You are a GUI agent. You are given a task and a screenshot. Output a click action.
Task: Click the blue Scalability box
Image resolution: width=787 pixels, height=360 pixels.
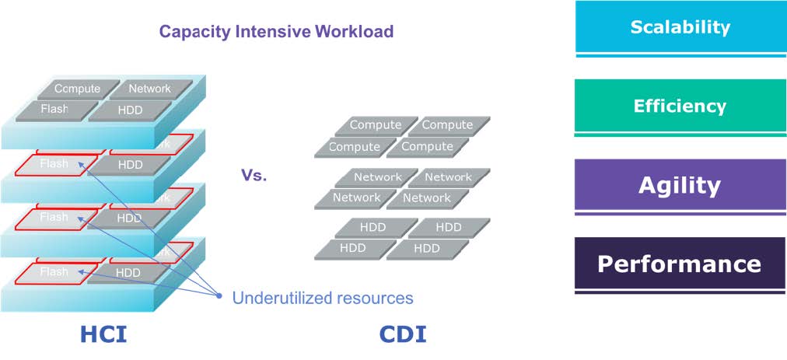[x=680, y=27]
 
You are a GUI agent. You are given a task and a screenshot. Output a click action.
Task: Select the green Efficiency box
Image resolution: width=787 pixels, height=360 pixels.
[x=680, y=106]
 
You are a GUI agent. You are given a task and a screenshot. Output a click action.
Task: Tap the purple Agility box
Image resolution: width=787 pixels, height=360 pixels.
[x=680, y=185]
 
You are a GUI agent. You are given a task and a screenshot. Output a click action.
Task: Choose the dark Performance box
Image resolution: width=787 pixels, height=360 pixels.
[x=680, y=264]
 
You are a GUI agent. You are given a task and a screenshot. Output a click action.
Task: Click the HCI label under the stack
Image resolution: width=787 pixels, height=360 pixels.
[x=103, y=334]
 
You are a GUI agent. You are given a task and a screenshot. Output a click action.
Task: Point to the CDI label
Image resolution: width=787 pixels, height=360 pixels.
[x=402, y=334]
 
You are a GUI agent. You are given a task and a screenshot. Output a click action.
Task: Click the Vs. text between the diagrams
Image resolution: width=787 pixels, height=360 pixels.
[x=254, y=176]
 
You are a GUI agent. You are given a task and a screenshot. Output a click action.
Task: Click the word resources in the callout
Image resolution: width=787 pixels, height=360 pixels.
[x=375, y=298]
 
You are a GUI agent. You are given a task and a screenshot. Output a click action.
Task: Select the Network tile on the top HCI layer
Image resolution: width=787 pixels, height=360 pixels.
[x=149, y=89]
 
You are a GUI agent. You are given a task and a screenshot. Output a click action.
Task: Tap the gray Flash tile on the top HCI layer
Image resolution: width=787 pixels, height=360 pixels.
[x=56, y=110]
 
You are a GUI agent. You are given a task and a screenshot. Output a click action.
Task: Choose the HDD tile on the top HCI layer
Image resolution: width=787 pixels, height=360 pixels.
[x=129, y=110]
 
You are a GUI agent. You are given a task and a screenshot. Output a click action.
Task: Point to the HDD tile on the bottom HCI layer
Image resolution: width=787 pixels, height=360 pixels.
[x=128, y=273]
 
